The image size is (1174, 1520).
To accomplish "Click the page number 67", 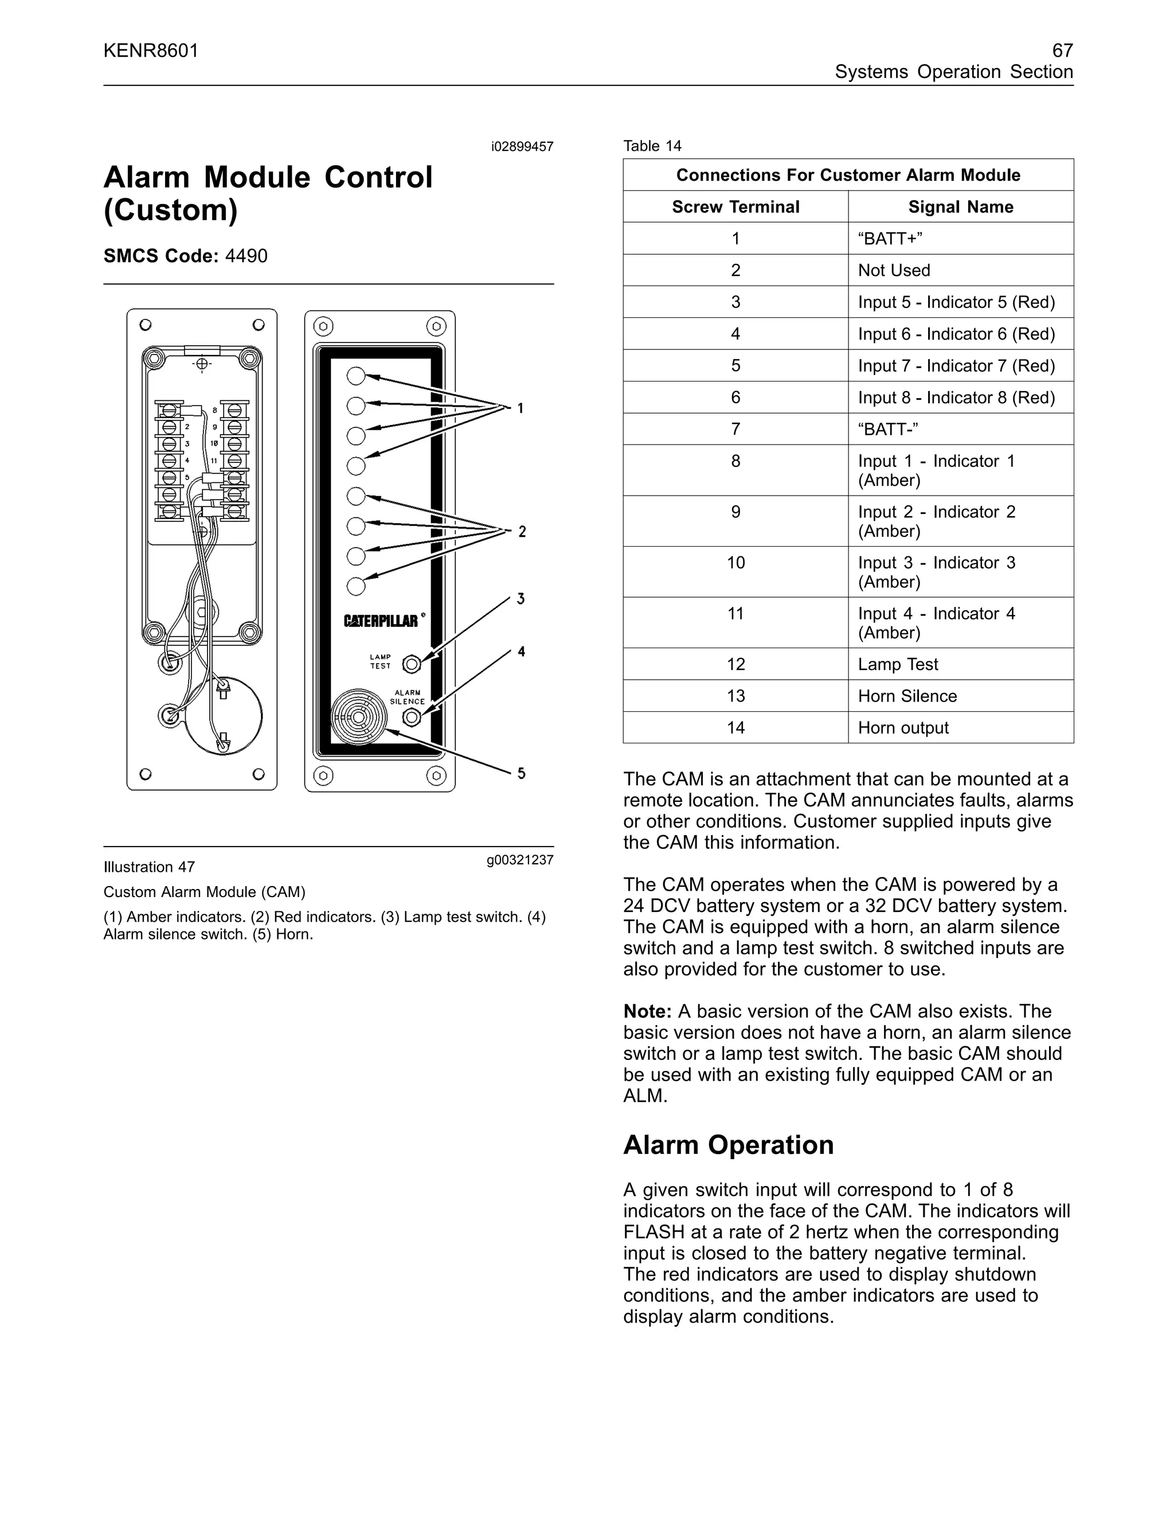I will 1062,50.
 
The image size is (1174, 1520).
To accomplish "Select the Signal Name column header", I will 961,206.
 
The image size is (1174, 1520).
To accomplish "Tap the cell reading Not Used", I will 894,270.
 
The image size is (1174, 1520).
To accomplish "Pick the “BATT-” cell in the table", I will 888,428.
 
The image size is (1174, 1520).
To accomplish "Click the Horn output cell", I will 903,727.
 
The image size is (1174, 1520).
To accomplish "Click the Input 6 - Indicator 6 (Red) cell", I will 956,334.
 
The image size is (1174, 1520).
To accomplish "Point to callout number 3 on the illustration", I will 521,598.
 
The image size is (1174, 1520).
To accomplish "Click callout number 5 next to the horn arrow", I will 521,773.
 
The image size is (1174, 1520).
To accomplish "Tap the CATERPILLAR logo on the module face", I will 381,620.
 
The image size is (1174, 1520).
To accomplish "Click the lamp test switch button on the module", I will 412,664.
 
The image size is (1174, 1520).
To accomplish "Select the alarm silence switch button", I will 412,718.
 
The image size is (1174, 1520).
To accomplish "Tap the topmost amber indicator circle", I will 356,376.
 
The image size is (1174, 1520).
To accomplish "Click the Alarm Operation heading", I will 728,1145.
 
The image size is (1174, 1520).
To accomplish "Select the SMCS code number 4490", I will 246,256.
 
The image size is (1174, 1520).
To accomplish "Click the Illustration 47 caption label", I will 149,867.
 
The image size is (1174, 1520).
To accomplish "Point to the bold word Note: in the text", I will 647,1011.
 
